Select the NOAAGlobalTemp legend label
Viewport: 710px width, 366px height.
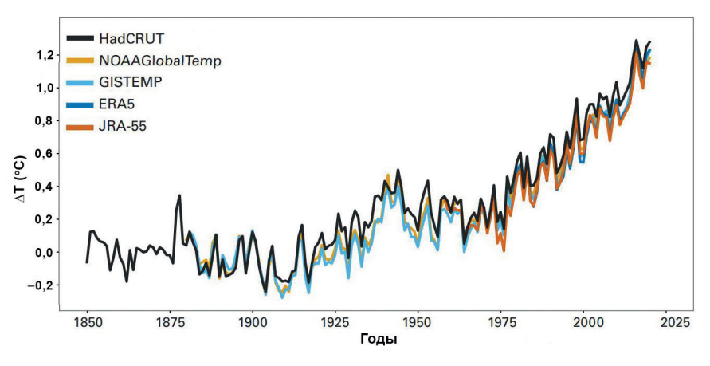pyautogui.click(x=159, y=60)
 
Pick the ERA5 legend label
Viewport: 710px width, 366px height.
pyautogui.click(x=117, y=104)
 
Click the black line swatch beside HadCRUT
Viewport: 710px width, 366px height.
pyautogui.click(x=80, y=38)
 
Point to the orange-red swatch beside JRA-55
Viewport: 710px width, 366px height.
pyautogui.click(x=80, y=126)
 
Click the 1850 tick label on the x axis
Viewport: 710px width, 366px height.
pyautogui.click(x=87, y=323)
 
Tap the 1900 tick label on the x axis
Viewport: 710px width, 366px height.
pyautogui.click(x=253, y=323)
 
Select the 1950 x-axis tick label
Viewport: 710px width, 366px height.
pyautogui.click(x=418, y=323)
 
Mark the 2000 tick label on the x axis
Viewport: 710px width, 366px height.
pyautogui.click(x=584, y=323)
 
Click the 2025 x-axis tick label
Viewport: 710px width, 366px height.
pyautogui.click(x=667, y=323)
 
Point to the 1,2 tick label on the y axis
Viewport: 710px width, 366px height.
pyautogui.click(x=45, y=54)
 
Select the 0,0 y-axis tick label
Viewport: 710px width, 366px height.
pyautogui.click(x=45, y=252)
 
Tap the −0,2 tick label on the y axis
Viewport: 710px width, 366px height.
pyautogui.click(x=41, y=285)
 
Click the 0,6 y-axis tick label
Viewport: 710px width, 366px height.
pyautogui.click(x=45, y=153)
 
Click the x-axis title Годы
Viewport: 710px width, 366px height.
pyautogui.click(x=379, y=340)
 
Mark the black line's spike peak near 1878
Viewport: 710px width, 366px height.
pyautogui.click(x=179, y=195)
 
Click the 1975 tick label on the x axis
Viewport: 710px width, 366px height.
pyautogui.click(x=501, y=323)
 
